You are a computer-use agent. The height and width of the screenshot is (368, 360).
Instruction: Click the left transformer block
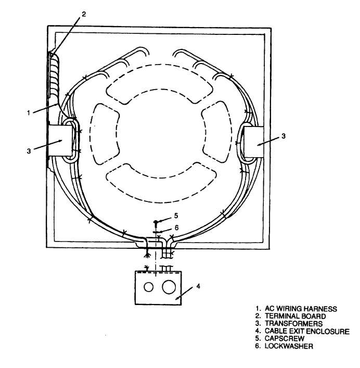tap(60, 141)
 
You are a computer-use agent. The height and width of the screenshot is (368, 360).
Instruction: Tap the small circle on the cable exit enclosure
tap(149, 287)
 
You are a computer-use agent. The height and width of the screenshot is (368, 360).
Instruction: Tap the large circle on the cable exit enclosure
tap(169, 286)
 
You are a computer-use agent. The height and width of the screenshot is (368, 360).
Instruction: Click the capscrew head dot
tap(156, 222)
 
